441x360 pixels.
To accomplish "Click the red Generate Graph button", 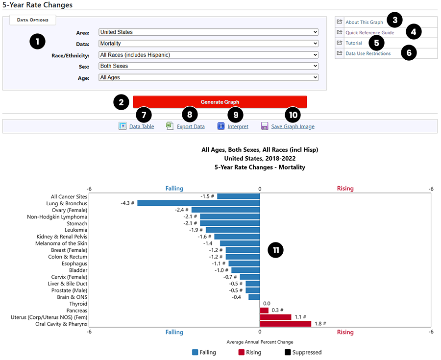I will click(220, 102).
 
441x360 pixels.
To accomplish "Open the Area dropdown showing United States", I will click(208, 32).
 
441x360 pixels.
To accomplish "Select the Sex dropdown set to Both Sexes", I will click(208, 66).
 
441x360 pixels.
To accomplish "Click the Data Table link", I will click(141, 126).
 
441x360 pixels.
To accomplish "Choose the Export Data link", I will click(191, 126).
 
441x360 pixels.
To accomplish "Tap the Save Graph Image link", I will click(293, 126).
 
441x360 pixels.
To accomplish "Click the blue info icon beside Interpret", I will click(221, 126).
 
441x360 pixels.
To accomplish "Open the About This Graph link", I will click(364, 22).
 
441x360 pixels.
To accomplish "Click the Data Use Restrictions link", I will click(368, 53).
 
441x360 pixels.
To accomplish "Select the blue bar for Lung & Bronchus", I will click(198, 203).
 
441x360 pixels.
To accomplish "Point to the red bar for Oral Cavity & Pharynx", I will click(285, 324).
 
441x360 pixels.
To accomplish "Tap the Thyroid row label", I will click(78, 304).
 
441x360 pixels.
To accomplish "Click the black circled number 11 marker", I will click(276, 250).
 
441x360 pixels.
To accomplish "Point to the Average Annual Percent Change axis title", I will click(260, 341).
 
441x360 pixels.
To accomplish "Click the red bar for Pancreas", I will click(264, 311).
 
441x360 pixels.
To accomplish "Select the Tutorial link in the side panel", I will click(353, 43).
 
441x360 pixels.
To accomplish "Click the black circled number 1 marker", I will click(37, 41).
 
